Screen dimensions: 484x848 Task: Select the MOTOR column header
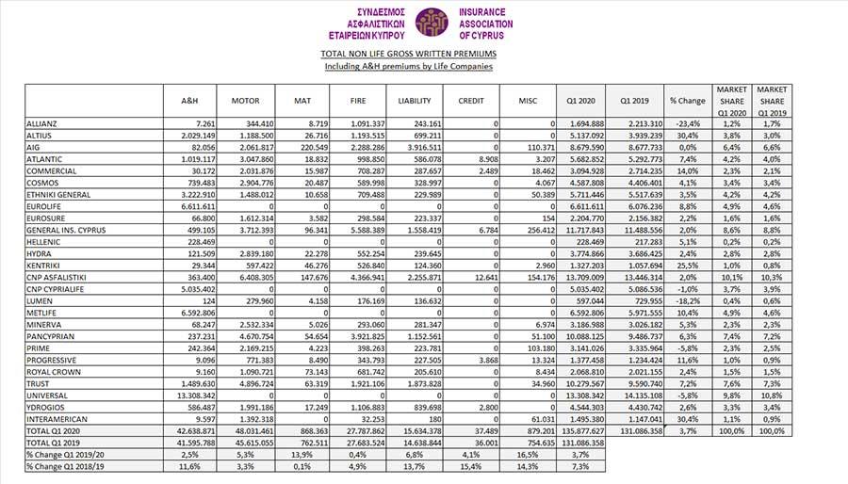tap(245, 101)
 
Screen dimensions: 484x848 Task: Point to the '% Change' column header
tap(687, 101)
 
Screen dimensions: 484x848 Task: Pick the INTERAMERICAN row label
tap(57, 418)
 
